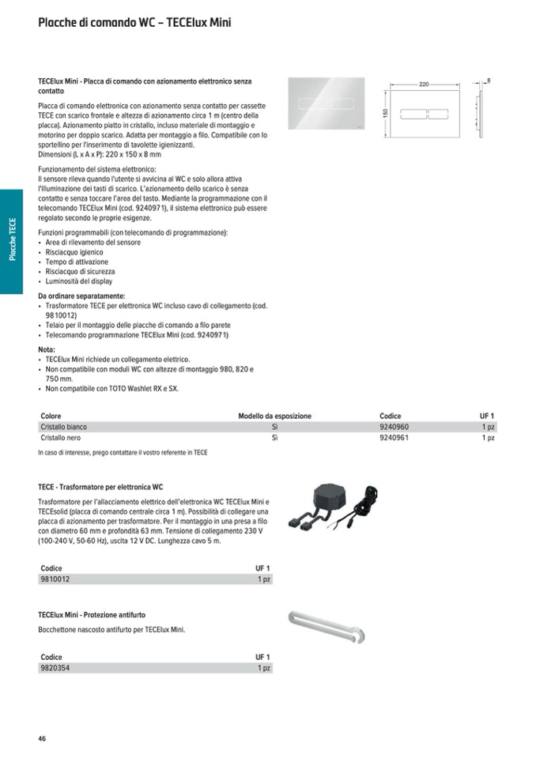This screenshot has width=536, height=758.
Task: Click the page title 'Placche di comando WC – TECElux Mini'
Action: (134, 23)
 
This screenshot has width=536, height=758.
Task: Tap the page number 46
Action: (42, 738)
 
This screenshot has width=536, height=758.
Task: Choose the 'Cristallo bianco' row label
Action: (64, 427)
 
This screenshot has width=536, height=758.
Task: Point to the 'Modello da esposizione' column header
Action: (274, 416)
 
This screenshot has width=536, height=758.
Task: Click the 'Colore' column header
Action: (51, 416)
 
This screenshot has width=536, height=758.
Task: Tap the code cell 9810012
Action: (55, 579)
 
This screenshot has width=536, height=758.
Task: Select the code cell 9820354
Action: (55, 668)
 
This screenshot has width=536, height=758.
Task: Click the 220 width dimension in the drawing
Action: (424, 84)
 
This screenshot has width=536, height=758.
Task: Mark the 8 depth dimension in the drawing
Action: (489, 81)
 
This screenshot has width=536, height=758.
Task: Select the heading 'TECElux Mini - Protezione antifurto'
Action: (92, 614)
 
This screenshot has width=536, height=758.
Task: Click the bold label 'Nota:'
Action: (47, 349)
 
